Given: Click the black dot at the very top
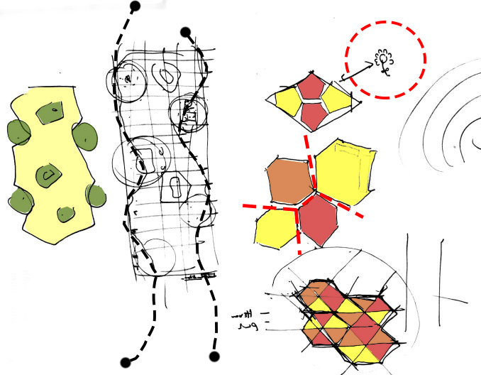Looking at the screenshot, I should pos(135,6).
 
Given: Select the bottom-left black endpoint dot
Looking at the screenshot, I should pos(126,361).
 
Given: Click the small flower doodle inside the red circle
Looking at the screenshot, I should pos(385,61).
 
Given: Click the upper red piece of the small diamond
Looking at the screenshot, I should pos(309,87).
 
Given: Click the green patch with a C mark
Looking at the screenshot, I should pos(48,173).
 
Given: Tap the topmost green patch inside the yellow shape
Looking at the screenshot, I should pos(51,112).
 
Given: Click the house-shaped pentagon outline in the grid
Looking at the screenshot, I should pos(173,188).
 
